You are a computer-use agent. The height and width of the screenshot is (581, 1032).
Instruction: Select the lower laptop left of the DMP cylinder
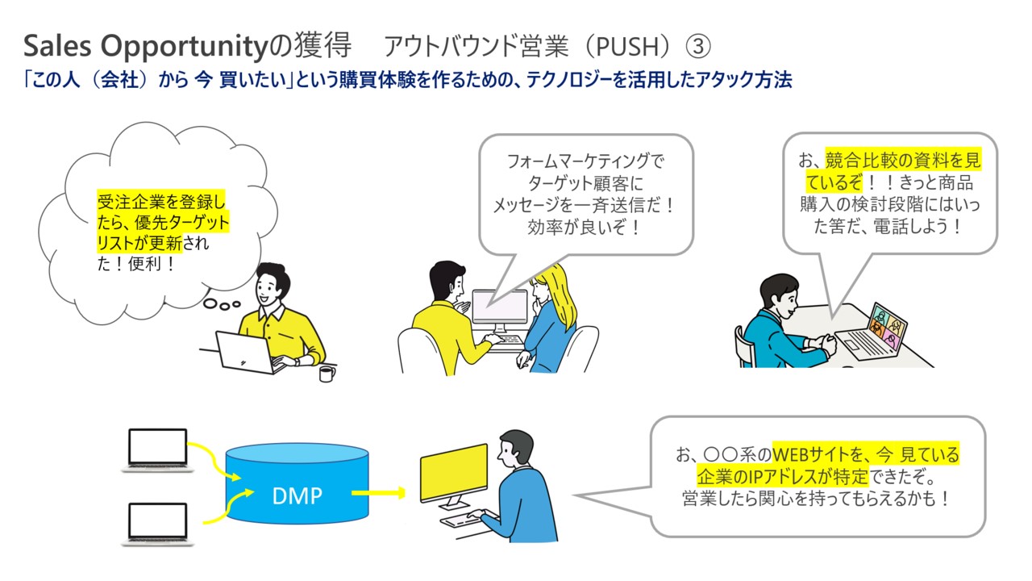157,522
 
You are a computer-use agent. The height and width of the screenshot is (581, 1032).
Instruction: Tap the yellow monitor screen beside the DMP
454,474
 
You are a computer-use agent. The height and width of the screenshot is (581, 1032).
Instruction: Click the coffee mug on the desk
327,374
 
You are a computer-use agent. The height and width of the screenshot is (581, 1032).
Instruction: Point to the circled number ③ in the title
697,47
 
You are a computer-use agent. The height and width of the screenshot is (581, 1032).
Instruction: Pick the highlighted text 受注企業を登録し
161,201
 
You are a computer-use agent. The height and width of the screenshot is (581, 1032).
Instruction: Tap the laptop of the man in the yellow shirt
245,353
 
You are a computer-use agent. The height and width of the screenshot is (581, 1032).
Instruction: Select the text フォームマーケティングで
585,161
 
